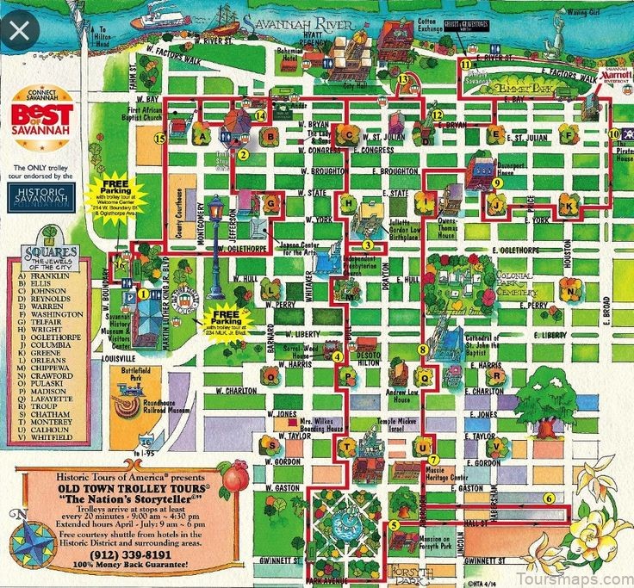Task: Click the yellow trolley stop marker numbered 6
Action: [x=548, y=497]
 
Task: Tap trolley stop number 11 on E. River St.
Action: [x=466, y=64]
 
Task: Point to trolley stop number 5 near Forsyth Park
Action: [x=393, y=525]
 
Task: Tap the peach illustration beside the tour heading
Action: [x=233, y=473]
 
